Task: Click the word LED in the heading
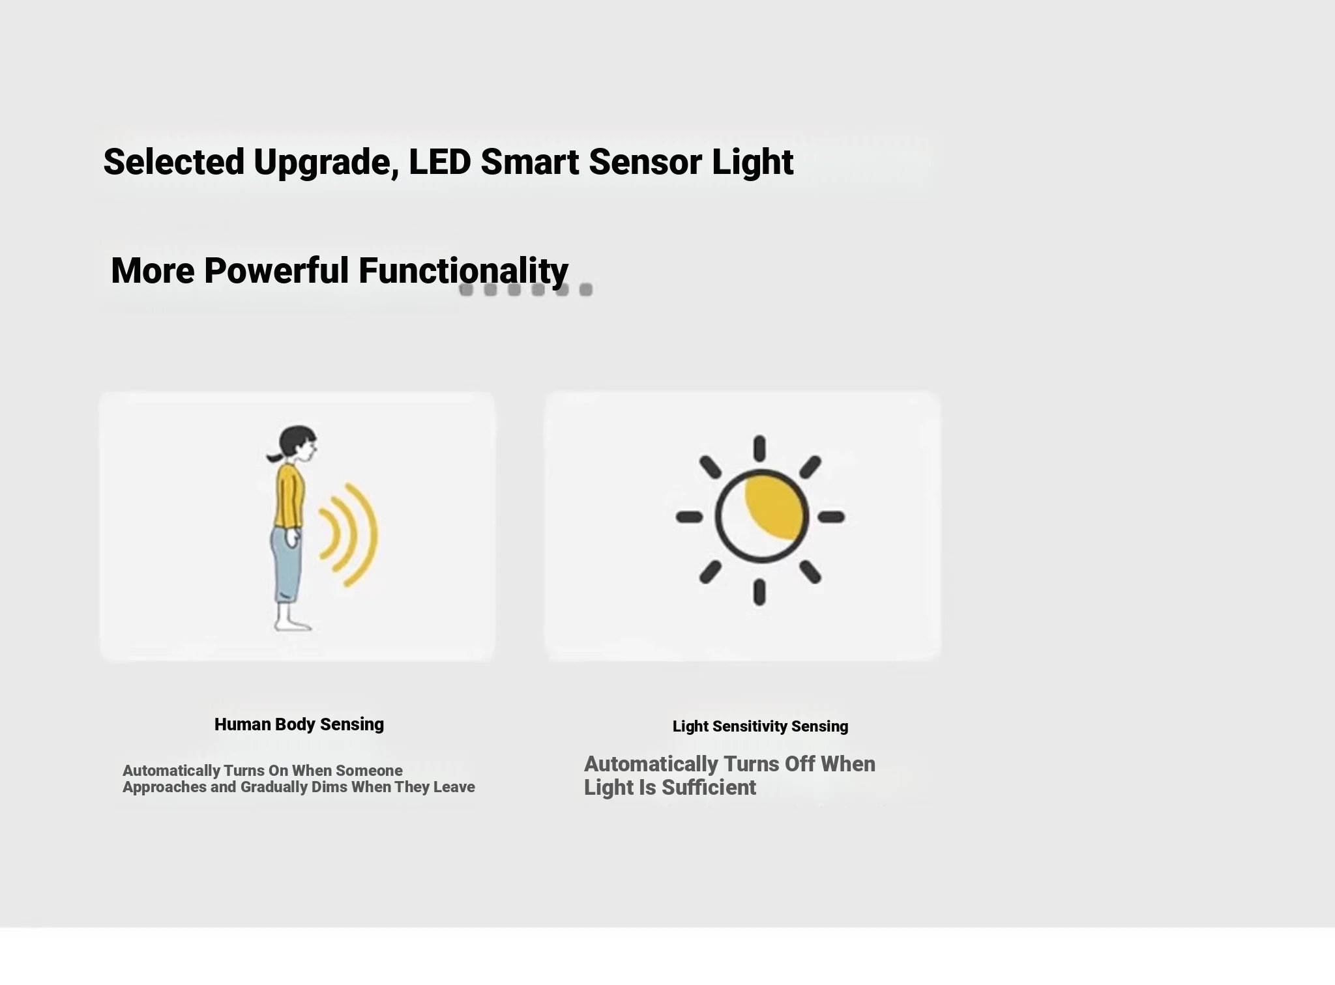point(439,162)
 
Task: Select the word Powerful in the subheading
point(276,270)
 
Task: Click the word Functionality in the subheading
point(463,272)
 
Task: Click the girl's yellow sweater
point(289,494)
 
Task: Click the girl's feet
point(292,625)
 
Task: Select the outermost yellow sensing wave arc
point(366,535)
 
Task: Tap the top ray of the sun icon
point(759,449)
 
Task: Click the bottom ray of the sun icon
point(759,592)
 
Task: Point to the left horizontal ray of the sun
point(690,517)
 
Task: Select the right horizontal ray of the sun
point(831,517)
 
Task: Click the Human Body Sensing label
point(299,724)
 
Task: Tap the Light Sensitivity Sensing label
point(760,726)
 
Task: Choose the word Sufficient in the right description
point(709,787)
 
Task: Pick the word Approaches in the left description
point(164,787)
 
